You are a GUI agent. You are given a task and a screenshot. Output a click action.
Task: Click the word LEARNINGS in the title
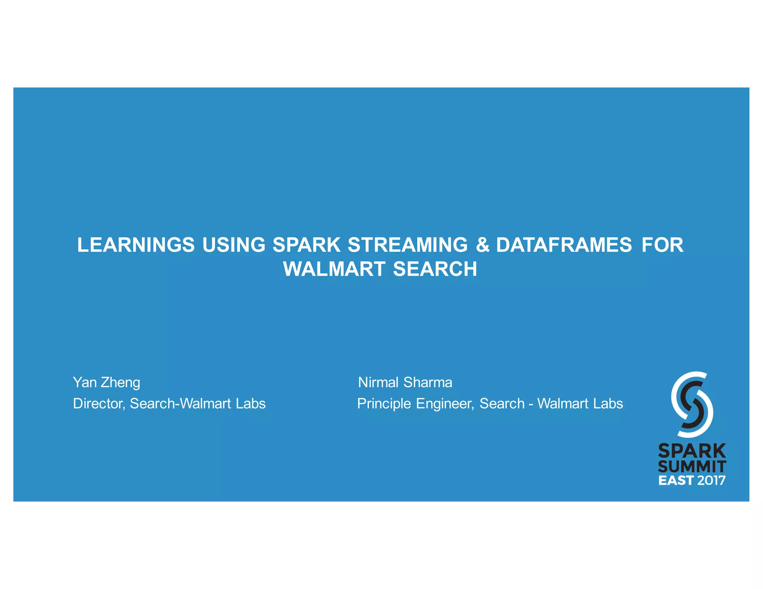[x=136, y=245]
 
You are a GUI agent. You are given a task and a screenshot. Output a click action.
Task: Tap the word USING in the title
[x=234, y=245]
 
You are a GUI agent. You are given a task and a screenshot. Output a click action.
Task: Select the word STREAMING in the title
[x=408, y=245]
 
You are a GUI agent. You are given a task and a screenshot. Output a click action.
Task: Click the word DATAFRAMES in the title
[x=564, y=245]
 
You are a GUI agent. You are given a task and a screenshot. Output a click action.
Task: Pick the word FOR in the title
[x=662, y=245]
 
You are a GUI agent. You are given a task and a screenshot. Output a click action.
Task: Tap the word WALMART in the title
[x=334, y=269]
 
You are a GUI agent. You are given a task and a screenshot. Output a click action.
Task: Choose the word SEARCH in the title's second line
[x=435, y=269]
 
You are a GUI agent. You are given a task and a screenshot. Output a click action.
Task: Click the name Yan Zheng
[x=107, y=383]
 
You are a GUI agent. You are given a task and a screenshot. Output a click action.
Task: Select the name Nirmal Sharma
[x=405, y=382]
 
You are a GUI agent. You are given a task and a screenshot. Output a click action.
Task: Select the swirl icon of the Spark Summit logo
[x=692, y=404]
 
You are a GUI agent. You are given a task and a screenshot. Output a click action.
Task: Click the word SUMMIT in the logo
[x=692, y=467]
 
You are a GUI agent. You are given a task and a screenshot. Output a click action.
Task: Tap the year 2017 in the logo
[x=711, y=480]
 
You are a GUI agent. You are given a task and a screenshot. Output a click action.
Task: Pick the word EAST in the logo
[x=675, y=480]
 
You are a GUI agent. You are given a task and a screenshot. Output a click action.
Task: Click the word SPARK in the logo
[x=692, y=451]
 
